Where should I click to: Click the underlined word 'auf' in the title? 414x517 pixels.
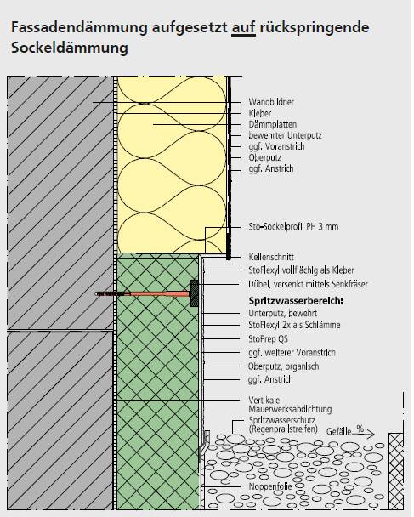coord(244,27)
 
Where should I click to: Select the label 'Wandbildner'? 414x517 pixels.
coord(271,102)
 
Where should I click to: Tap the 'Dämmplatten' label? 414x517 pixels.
coord(273,124)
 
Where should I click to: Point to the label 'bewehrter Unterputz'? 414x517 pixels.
coord(285,135)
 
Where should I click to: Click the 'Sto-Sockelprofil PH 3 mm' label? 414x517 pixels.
coord(293,226)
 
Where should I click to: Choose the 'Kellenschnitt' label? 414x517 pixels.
coord(271,257)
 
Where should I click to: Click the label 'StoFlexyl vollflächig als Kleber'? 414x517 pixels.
coord(301,270)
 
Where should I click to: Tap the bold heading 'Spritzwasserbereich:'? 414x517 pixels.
coord(296,301)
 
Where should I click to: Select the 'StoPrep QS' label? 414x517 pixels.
coord(268,338)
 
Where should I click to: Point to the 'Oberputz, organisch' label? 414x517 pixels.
coord(283,366)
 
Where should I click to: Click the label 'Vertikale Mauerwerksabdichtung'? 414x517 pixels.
coord(290,405)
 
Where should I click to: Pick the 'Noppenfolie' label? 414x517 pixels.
coord(270,486)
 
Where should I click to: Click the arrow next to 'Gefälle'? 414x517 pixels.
coord(363,435)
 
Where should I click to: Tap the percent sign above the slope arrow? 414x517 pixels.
coord(360,429)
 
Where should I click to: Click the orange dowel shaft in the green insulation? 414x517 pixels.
coord(154,293)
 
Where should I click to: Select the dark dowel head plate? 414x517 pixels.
coord(194,293)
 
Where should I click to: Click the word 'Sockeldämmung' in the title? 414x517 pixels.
coord(70,48)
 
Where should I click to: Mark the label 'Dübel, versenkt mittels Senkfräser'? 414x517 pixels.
coord(308,284)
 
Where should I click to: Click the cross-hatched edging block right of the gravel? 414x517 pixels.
coord(396,471)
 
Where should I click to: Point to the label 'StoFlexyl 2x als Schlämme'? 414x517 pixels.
coord(294,325)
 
